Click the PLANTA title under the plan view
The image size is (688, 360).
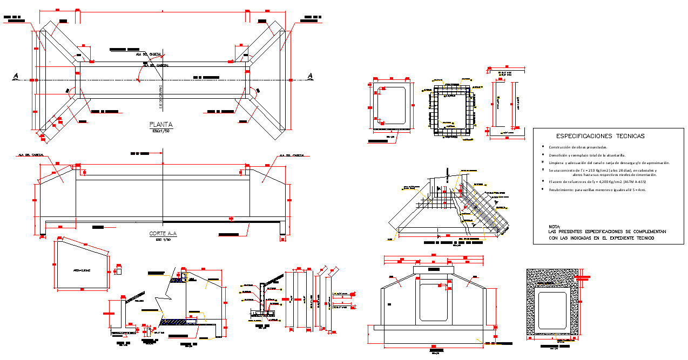161,124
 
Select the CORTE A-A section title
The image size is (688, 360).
163,234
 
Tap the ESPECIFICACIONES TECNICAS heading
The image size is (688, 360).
600,136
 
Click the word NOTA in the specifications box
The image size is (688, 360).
554,227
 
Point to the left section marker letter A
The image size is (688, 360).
17,76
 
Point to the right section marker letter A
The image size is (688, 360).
310,76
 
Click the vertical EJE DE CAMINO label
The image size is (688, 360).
160,97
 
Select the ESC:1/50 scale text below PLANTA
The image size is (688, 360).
160,131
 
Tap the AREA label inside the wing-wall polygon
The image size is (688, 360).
82,270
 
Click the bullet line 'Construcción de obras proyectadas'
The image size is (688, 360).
578,147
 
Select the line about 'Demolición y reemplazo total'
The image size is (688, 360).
587,155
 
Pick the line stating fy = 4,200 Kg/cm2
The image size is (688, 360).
592,182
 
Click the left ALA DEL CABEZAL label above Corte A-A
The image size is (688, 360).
31,155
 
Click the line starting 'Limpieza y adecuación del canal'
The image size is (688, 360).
609,162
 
